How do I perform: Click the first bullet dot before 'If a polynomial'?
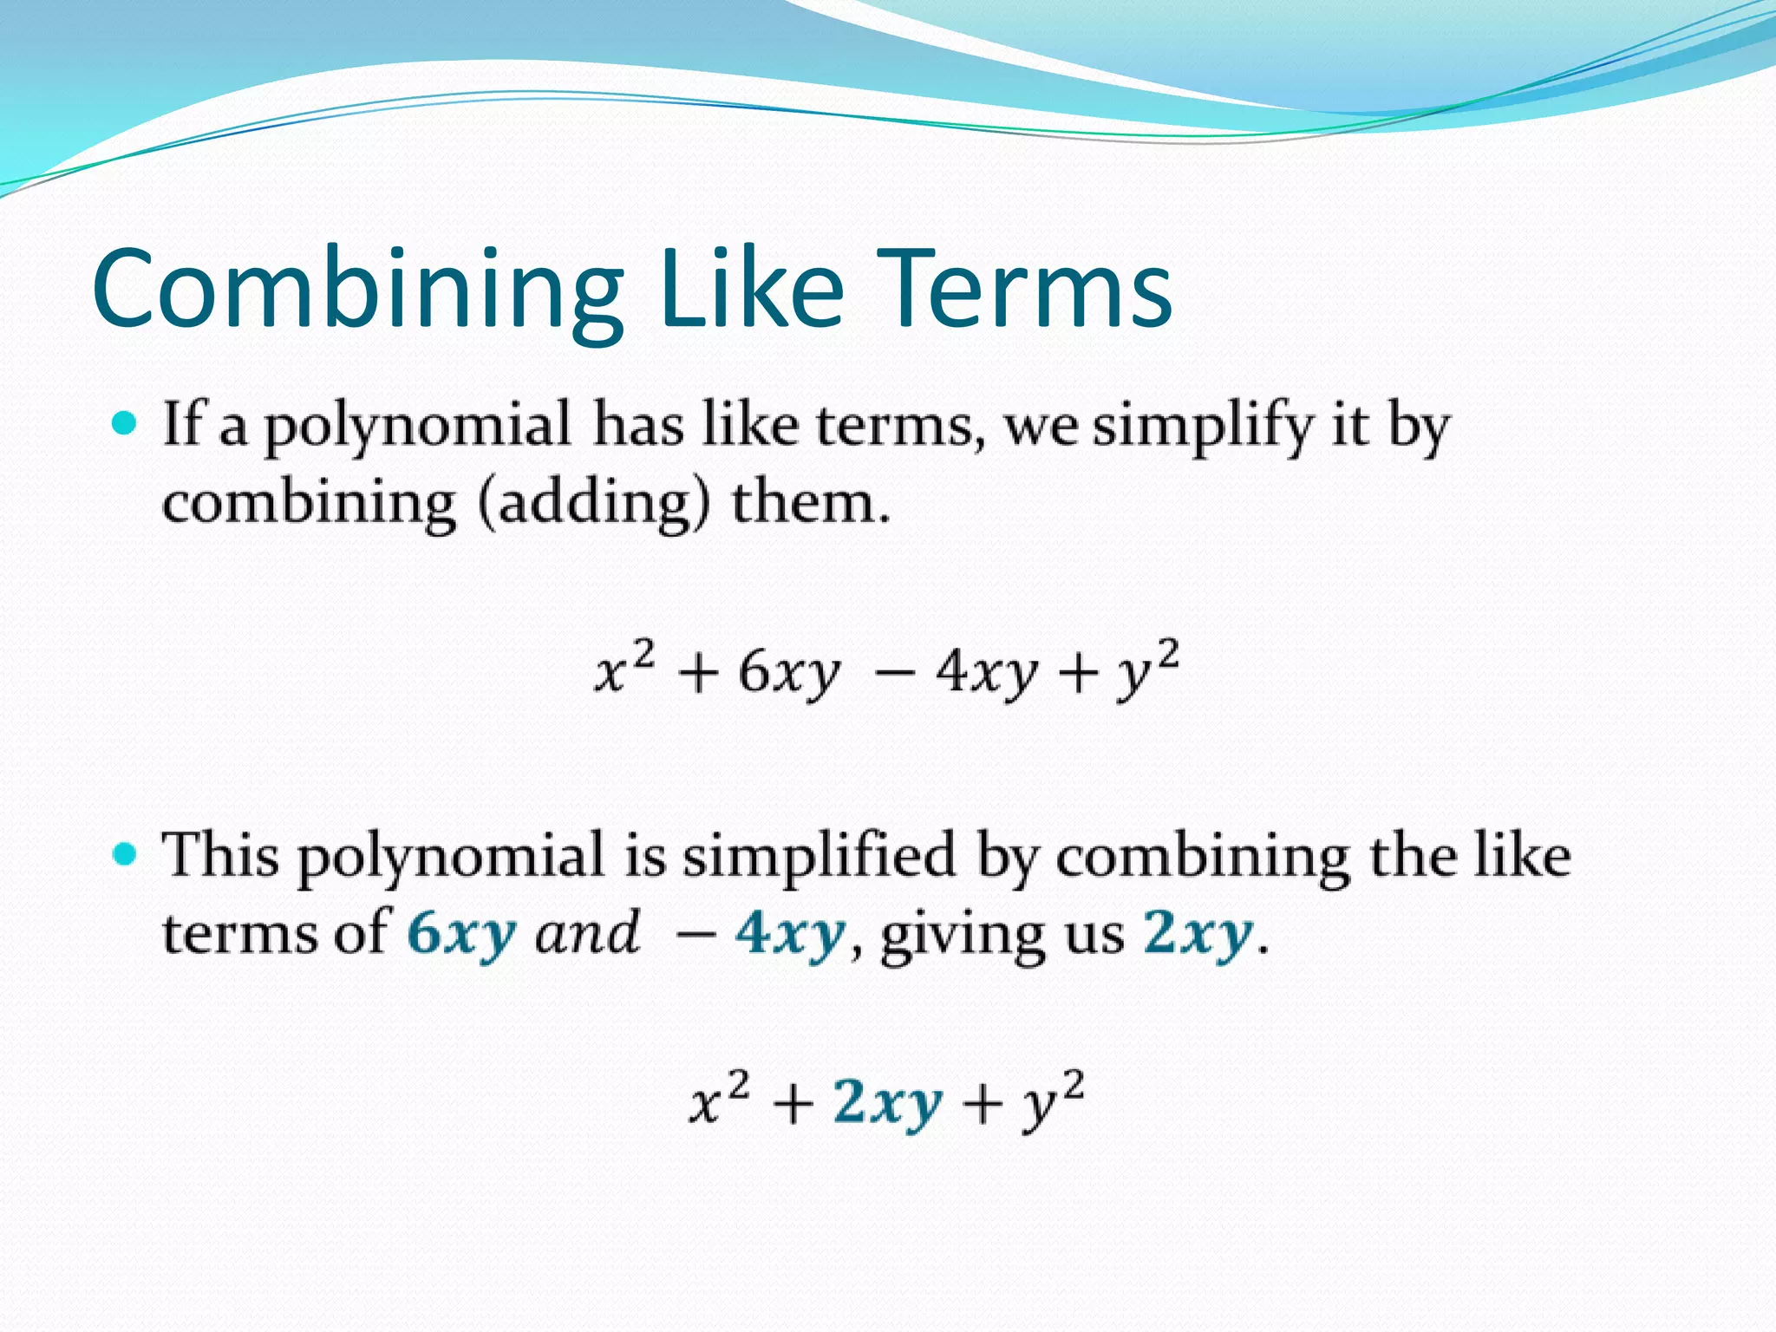coord(126,424)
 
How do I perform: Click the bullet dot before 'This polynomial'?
coord(126,854)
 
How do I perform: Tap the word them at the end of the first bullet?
coord(810,502)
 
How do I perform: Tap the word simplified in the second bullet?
coord(819,856)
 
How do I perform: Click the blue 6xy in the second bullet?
coord(461,935)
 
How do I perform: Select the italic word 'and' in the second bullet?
coord(587,933)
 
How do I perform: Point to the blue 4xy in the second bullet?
coord(789,935)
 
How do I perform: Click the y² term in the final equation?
coord(1052,1100)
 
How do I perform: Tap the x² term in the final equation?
coord(719,1100)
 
